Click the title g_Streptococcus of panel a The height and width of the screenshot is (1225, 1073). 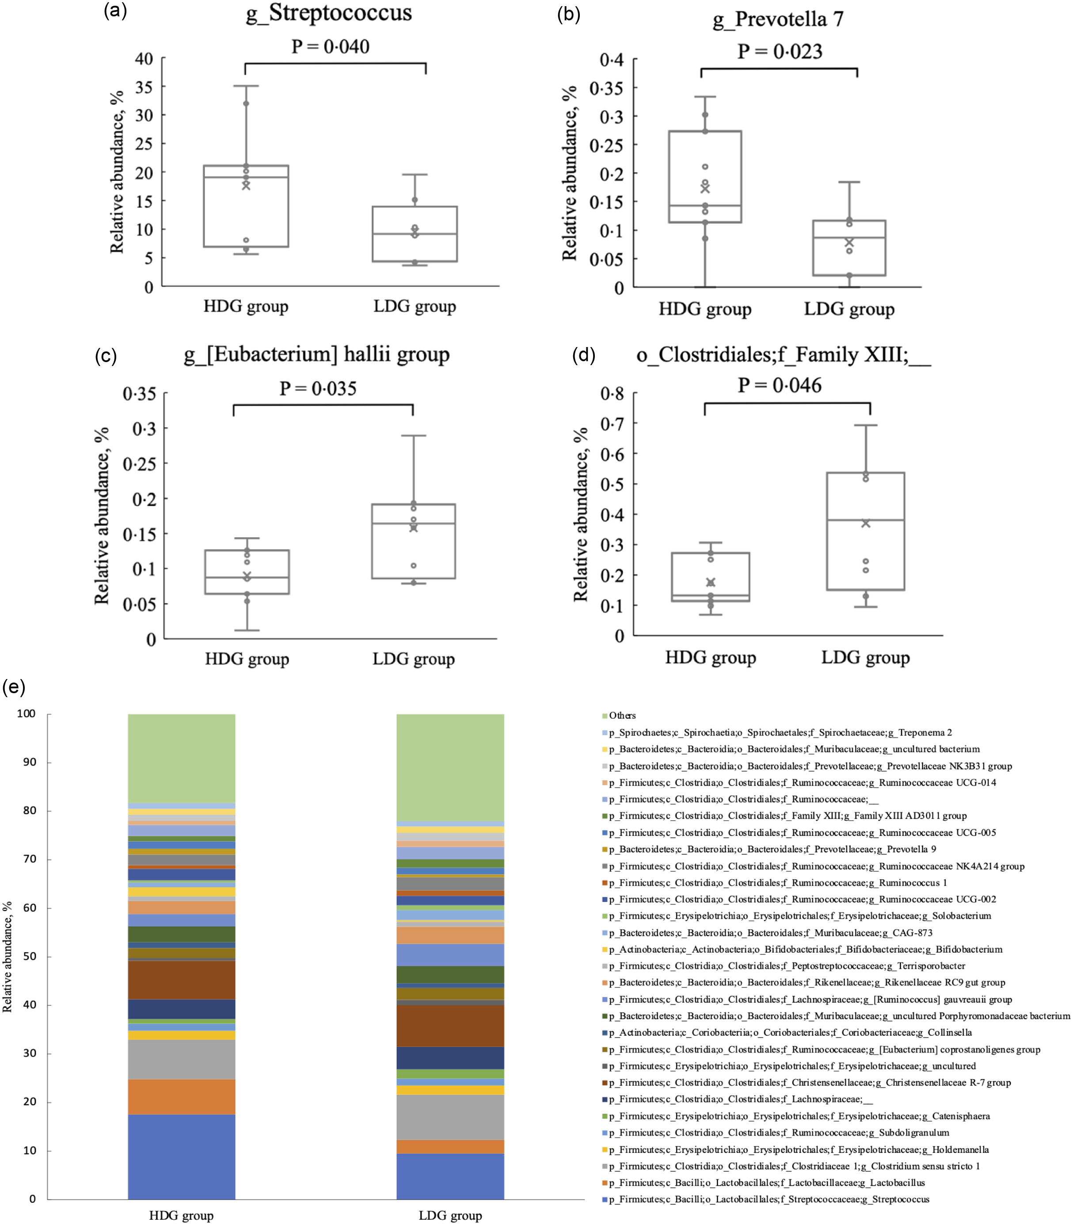[329, 13]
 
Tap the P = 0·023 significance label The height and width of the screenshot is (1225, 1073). [779, 52]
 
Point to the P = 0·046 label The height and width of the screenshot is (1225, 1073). [779, 385]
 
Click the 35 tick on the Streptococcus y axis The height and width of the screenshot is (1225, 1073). [144, 87]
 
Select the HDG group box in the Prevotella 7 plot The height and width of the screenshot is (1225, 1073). [705, 177]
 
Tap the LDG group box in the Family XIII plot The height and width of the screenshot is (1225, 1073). [865, 531]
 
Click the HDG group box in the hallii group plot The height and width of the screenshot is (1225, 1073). [247, 572]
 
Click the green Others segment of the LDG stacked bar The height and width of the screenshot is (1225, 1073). [450, 767]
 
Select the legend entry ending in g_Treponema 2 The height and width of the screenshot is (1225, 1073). [778, 733]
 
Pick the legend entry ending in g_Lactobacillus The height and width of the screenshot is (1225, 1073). [766, 1183]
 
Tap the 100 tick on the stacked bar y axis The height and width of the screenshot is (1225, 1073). [27, 714]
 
